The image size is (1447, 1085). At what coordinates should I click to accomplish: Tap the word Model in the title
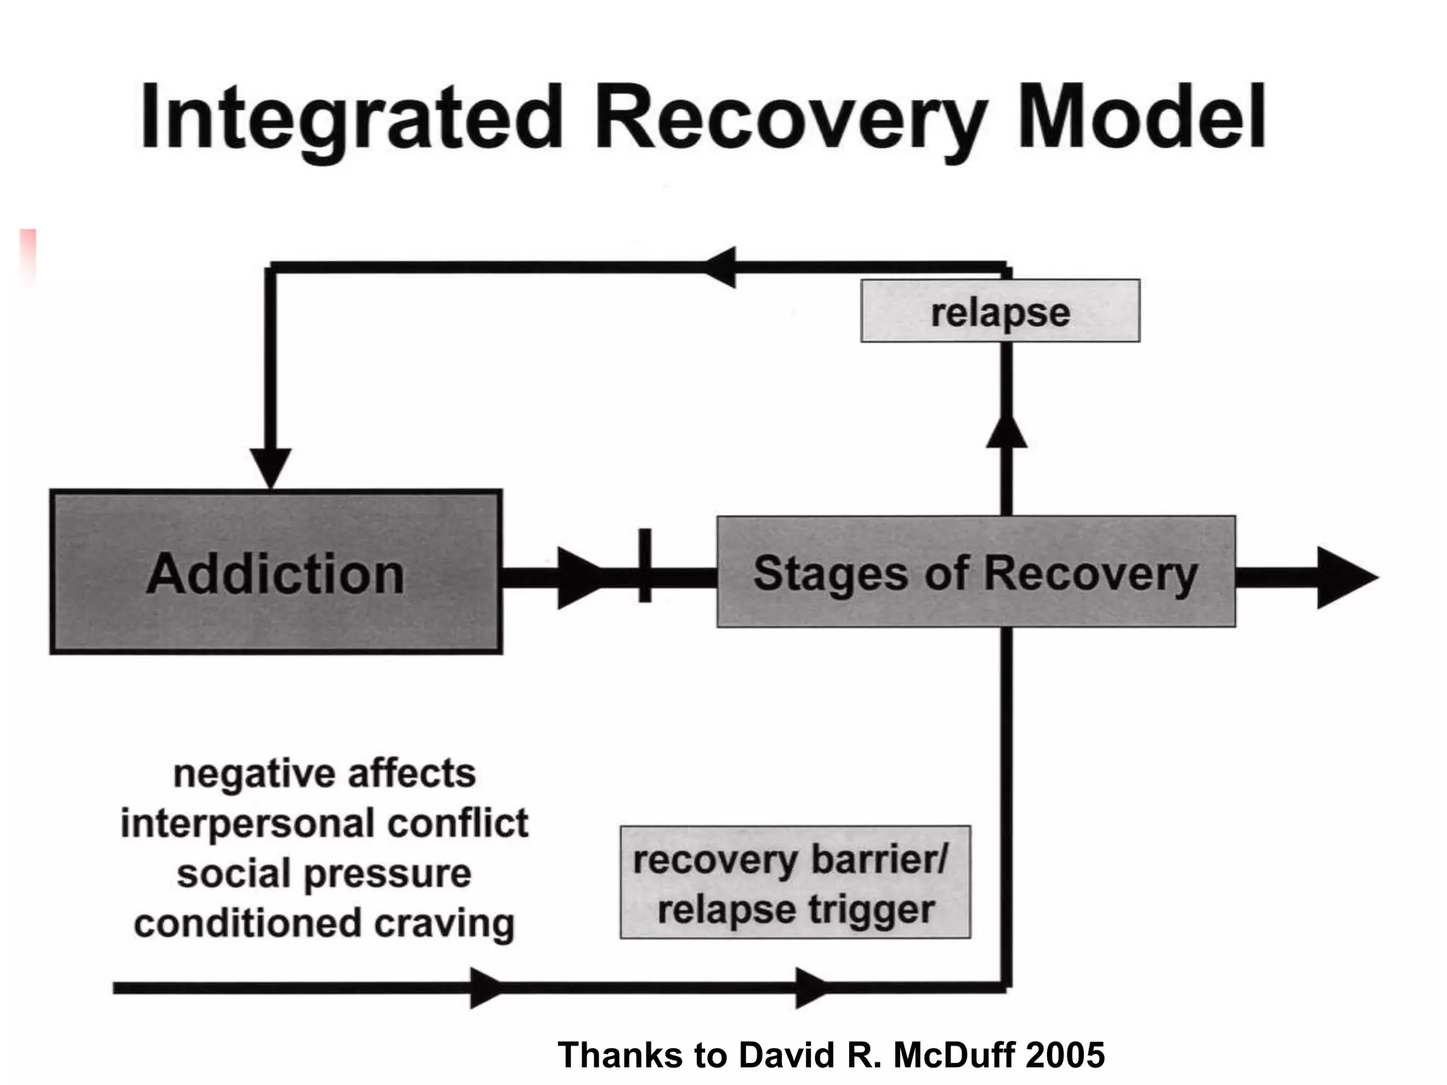tap(1140, 118)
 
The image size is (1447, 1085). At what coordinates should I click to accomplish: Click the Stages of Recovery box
tap(976, 572)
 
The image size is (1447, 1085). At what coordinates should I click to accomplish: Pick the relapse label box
tap(1000, 312)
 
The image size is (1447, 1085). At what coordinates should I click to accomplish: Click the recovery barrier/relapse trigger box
tap(795, 882)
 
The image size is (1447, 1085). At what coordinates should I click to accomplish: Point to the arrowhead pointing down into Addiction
tap(271, 466)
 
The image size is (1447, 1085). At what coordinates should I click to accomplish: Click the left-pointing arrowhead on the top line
tap(721, 267)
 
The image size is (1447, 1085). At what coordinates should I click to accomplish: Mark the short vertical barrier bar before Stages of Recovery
tap(644, 565)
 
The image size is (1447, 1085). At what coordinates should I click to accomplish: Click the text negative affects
tap(324, 773)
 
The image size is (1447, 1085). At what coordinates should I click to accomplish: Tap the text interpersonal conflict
tap(324, 824)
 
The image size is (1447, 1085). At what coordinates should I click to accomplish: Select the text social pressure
tap(324, 874)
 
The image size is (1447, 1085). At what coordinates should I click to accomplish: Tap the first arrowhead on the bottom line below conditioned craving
tap(485, 988)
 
